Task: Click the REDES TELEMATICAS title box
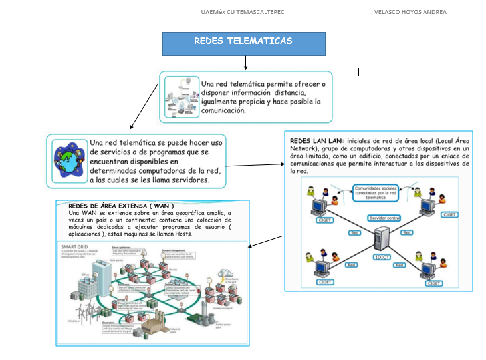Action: click(243, 43)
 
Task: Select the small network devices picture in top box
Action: click(181, 96)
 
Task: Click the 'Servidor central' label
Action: click(384, 218)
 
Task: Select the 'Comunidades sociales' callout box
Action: click(376, 192)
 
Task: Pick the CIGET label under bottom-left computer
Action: click(325, 283)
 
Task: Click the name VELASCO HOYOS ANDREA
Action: click(410, 12)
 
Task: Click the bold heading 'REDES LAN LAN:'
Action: click(316, 141)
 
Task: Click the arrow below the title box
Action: click(245, 63)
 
